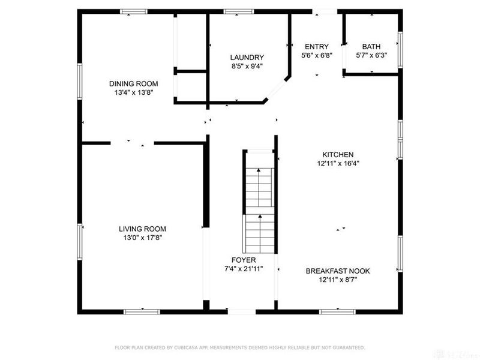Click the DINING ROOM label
133,83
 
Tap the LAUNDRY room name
247,58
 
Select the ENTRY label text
317,47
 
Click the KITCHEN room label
338,154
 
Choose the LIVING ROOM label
142,229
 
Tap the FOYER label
244,260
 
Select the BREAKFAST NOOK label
338,271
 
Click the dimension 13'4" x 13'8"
133,92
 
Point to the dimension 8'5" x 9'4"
247,67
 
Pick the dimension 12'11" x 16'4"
338,163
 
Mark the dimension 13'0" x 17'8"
142,238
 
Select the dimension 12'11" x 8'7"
338,280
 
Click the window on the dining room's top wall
133,11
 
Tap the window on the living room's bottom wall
142,311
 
